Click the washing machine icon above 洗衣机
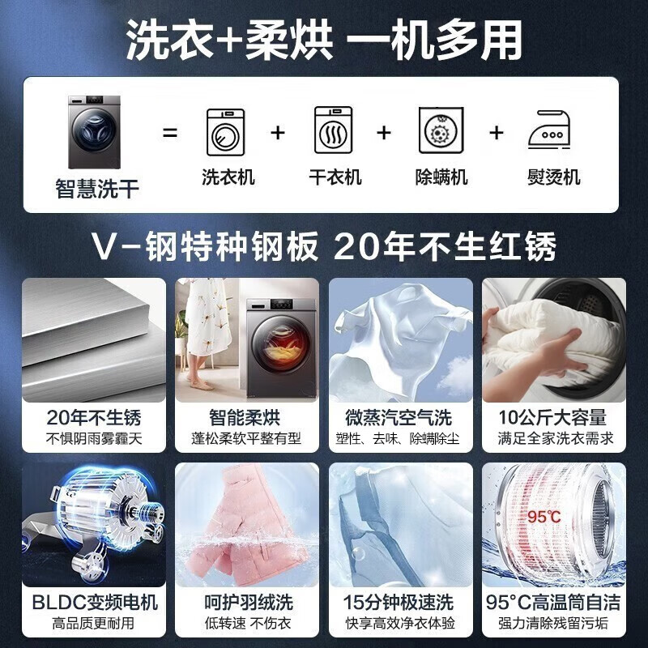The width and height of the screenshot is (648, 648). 225,132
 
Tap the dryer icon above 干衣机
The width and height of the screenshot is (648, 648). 334,131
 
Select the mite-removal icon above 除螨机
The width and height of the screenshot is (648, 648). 441,132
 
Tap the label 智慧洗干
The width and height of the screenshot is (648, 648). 97,190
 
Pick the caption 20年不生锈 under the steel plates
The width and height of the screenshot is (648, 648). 93,418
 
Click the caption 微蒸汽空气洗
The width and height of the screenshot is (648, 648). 401,418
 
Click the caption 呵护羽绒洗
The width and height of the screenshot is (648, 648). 248,603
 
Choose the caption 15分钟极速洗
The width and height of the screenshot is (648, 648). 401,603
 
